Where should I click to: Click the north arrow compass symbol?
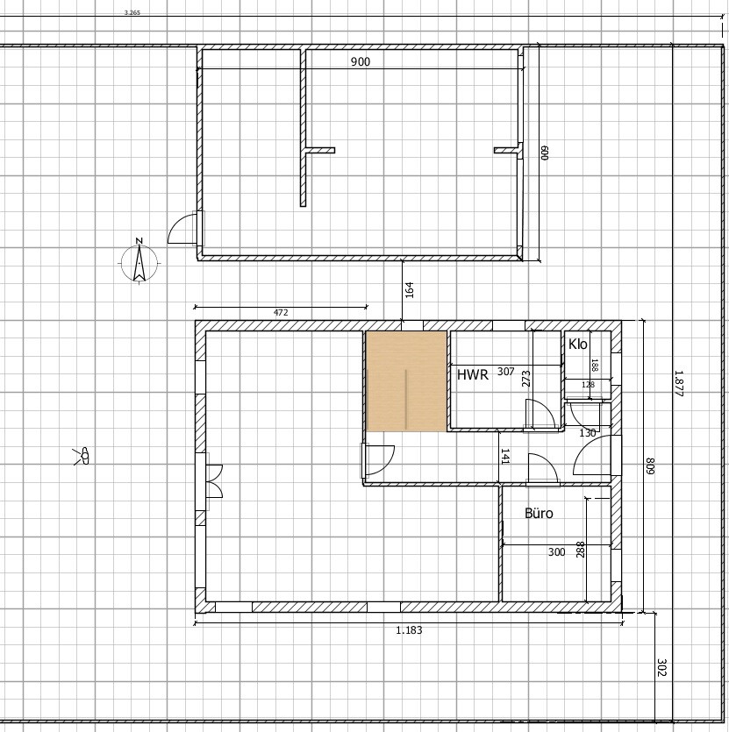[x=139, y=261]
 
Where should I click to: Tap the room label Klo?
[x=577, y=345]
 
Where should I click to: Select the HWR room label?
[x=473, y=375]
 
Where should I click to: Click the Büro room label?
[x=539, y=514]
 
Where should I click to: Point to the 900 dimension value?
[x=361, y=61]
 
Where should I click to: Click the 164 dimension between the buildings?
[x=410, y=290]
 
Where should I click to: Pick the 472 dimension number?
[x=281, y=313]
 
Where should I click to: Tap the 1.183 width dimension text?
[x=409, y=630]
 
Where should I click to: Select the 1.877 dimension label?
[x=678, y=384]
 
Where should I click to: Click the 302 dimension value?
[x=662, y=668]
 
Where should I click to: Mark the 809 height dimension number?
[x=649, y=465]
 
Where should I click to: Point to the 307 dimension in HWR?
[x=506, y=372]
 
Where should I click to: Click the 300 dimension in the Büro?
[x=556, y=552]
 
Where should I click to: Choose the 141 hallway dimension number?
[x=505, y=456]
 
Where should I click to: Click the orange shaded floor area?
[x=406, y=381]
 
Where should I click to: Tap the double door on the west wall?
[x=215, y=481]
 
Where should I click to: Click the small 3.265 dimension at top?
[x=132, y=12]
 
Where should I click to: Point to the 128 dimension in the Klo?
[x=588, y=385]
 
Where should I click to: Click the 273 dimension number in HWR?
[x=526, y=379]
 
